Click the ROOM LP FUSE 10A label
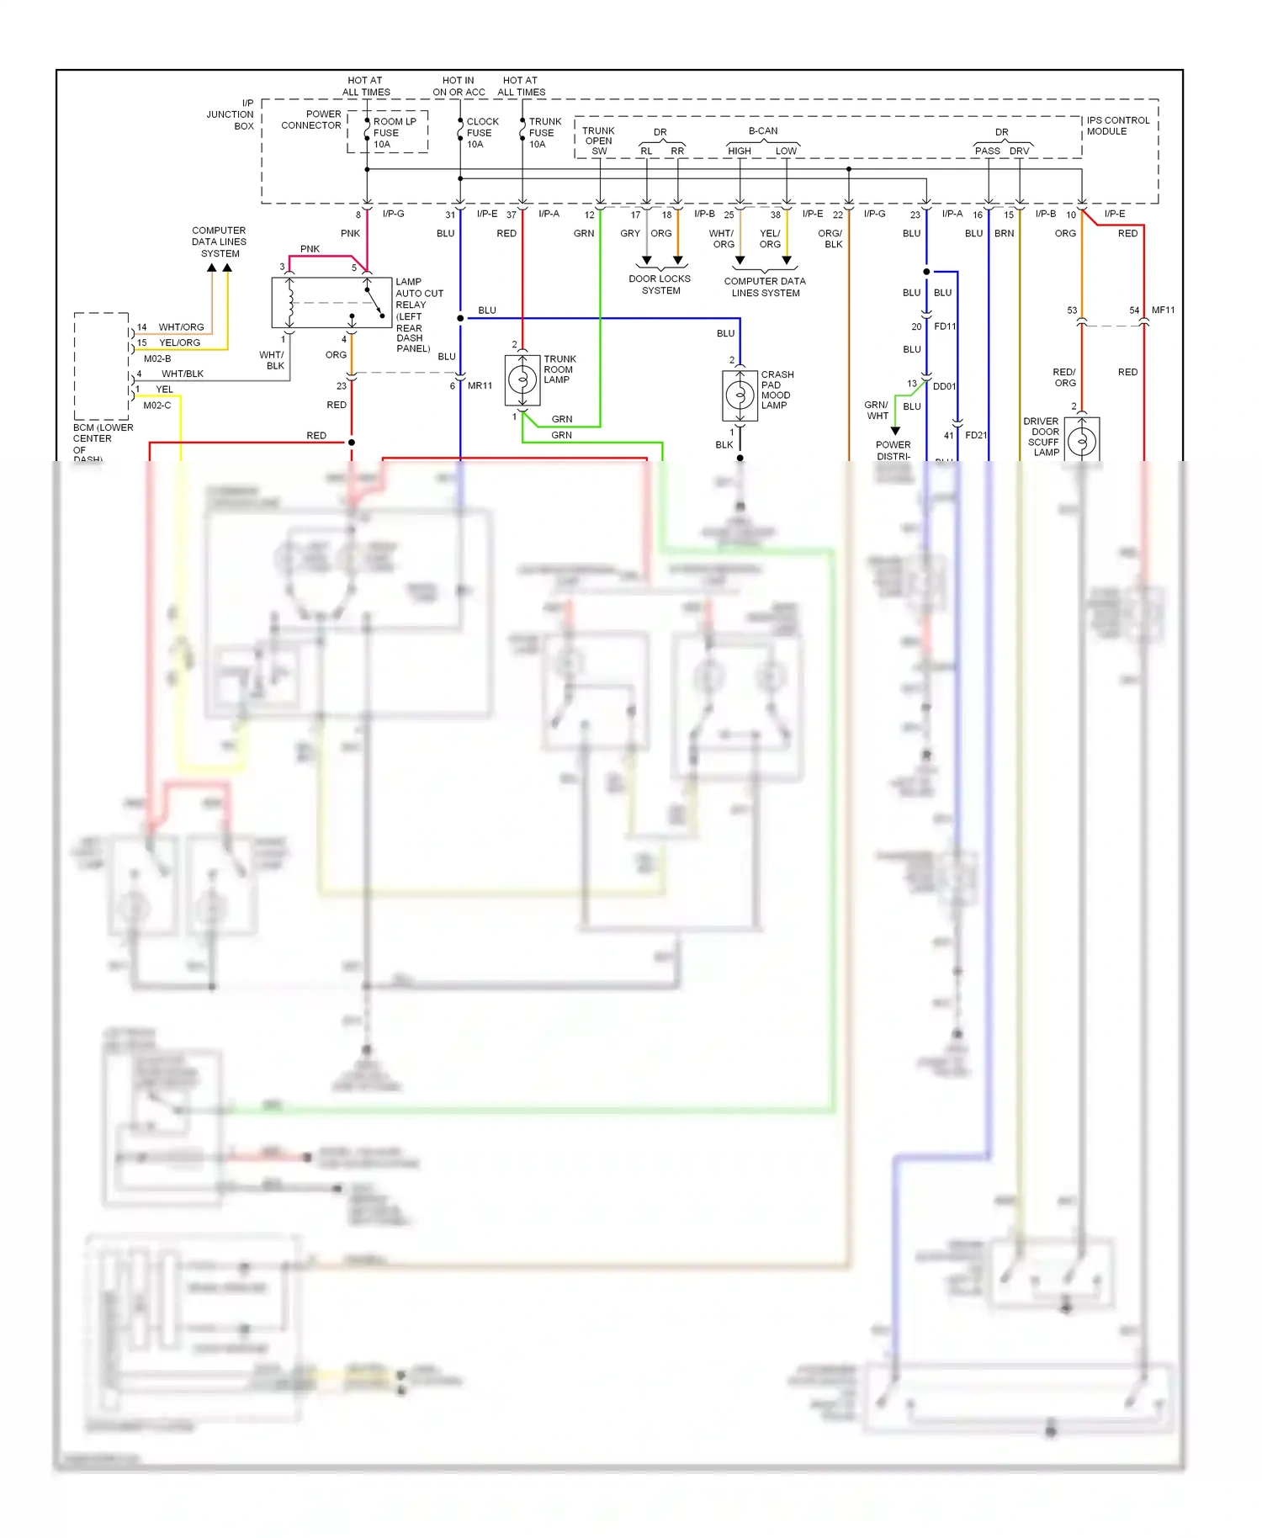click(394, 133)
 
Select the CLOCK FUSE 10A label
click(482, 133)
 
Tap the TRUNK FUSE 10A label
click(544, 133)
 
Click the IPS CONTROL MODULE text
click(1117, 126)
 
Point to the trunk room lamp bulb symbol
click(522, 380)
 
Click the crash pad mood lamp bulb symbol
click(740, 395)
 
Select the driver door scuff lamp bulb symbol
click(1082, 440)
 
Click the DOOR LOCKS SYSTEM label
click(660, 284)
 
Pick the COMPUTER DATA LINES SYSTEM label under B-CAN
click(765, 287)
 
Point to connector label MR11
click(480, 386)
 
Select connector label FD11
click(945, 326)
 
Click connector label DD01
click(944, 387)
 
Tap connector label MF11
click(1163, 310)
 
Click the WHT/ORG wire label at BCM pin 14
click(181, 327)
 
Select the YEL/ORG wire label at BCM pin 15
click(180, 343)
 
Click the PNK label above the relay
click(310, 249)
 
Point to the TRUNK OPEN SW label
click(598, 141)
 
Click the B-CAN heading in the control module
click(763, 131)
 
